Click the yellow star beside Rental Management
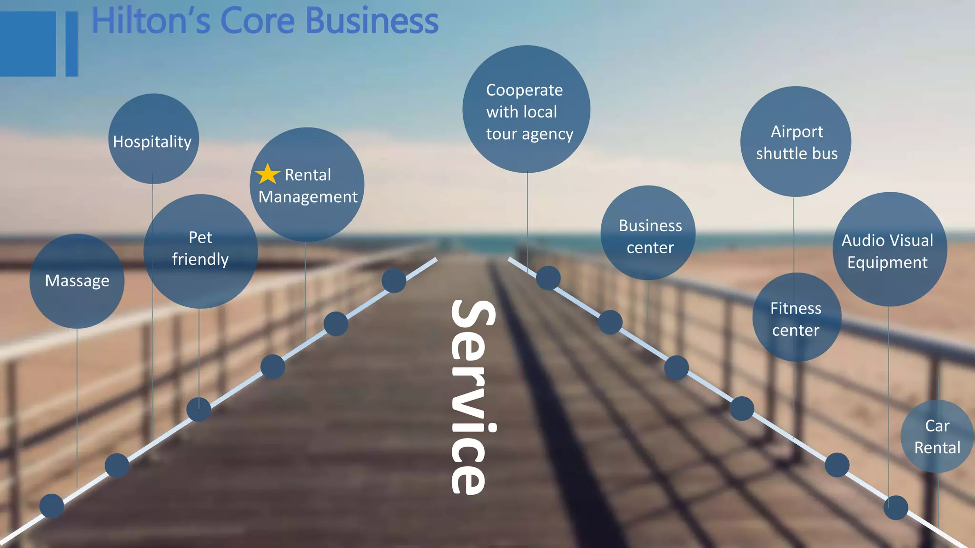268,174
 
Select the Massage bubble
77,281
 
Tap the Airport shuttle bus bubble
796,142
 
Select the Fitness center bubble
796,318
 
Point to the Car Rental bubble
936,437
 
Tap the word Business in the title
371,21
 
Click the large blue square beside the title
28,44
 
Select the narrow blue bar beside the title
71,44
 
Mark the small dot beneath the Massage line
52,506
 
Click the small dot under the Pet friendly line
199,410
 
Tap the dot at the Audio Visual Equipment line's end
895,507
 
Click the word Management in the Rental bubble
308,197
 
